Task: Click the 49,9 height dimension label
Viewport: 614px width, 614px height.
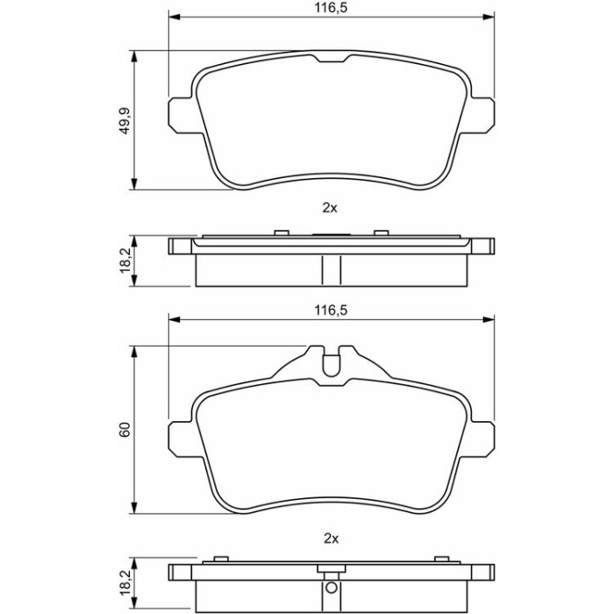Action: point(125,121)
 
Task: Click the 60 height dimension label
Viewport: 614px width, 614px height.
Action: point(125,430)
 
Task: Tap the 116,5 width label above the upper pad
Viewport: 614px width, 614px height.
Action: point(331,7)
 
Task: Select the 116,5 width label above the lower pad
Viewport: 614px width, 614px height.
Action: point(331,311)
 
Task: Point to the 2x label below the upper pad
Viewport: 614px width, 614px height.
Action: point(330,208)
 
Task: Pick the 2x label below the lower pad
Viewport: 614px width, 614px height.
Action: point(331,539)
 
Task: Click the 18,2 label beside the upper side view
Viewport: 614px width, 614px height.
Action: point(125,261)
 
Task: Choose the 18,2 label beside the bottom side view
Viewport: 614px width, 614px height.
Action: point(125,582)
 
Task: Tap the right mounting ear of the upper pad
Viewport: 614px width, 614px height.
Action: point(482,115)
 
